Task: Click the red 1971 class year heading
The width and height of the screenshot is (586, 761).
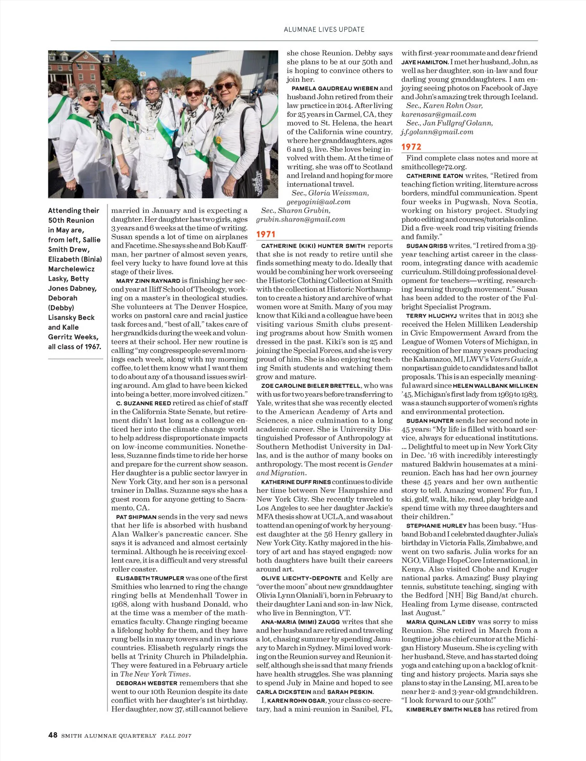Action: (x=266, y=234)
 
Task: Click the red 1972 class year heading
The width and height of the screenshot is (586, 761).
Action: (x=411, y=147)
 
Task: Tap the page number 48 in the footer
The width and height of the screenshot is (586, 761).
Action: (x=53, y=735)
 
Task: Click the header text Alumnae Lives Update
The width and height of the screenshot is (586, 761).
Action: (x=324, y=29)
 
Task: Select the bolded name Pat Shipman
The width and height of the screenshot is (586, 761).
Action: (x=136, y=517)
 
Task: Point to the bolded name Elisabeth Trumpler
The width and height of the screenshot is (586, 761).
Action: (x=150, y=578)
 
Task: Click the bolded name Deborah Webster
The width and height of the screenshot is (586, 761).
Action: (x=146, y=683)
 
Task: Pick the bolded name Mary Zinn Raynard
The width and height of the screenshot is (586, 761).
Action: (x=148, y=281)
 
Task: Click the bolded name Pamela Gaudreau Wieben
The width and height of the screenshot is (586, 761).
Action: (x=335, y=88)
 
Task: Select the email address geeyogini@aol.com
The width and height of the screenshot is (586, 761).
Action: (x=318, y=202)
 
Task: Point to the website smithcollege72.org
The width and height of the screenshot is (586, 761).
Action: (x=434, y=167)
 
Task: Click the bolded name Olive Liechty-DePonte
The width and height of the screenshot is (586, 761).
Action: (x=301, y=578)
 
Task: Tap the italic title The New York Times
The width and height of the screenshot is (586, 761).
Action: (x=154, y=674)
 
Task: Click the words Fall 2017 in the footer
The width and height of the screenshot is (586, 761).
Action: (x=176, y=736)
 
